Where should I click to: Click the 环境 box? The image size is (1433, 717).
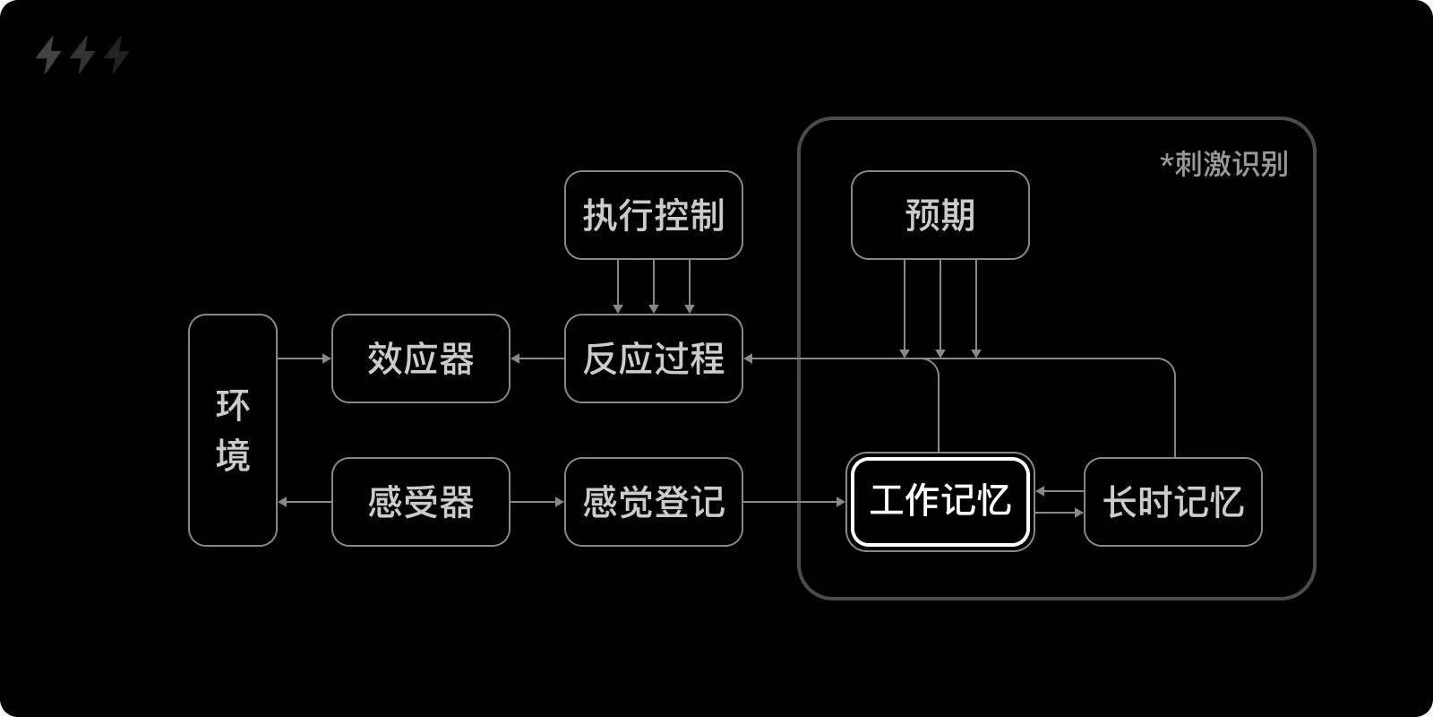point(233,430)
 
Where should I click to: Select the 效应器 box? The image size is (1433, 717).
point(420,358)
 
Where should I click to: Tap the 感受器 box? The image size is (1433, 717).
point(420,502)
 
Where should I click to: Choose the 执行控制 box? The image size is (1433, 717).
point(653,215)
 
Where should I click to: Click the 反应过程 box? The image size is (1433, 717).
point(653,358)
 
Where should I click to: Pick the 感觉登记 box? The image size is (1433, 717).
point(653,502)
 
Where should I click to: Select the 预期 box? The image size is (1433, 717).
point(940,215)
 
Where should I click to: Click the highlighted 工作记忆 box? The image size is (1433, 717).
point(940,502)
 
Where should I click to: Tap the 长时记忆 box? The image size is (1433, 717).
point(1172,502)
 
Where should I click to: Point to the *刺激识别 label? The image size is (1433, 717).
point(1223,164)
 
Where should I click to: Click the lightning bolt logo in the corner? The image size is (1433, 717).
point(82,56)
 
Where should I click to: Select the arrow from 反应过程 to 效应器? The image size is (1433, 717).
point(537,358)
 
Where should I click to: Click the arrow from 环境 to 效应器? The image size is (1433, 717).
point(305,358)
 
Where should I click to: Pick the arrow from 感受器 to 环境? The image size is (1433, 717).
point(305,502)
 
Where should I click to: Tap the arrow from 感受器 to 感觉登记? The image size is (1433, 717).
point(537,502)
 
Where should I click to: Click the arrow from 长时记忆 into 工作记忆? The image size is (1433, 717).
point(1059,491)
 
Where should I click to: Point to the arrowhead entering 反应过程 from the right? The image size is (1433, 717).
point(749,358)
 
